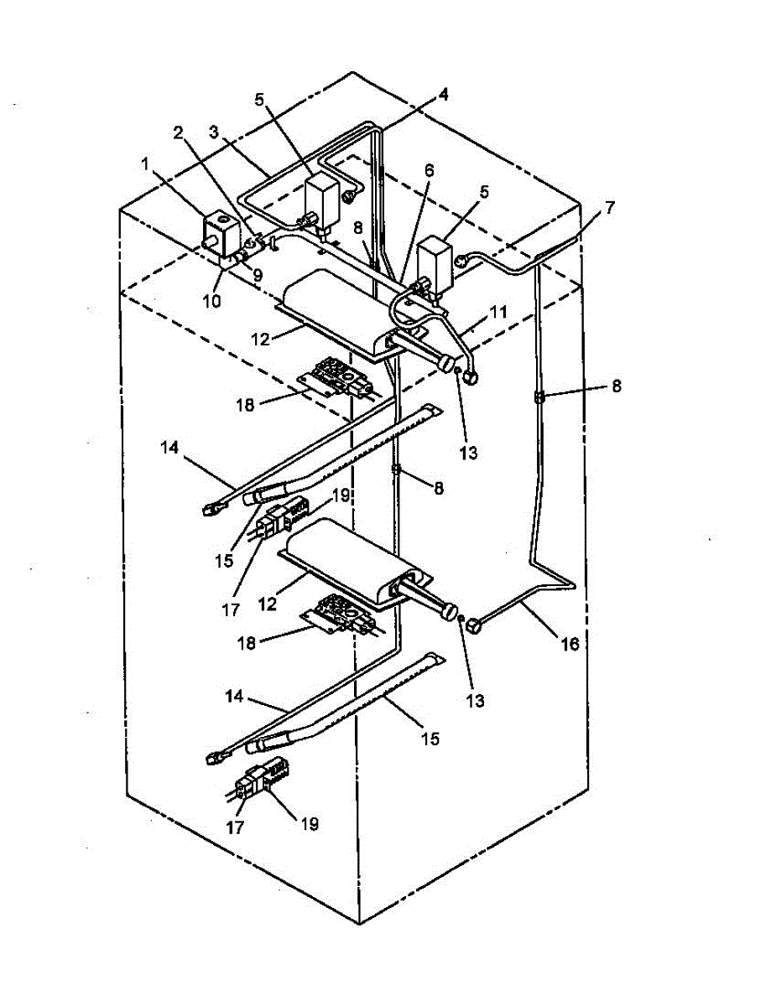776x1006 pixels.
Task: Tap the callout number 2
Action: click(x=179, y=132)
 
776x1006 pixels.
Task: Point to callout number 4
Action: click(x=442, y=95)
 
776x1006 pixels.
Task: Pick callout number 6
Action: click(x=430, y=169)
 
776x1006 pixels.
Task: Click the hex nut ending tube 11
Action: click(x=472, y=377)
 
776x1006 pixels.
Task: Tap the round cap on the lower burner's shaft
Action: click(x=450, y=609)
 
